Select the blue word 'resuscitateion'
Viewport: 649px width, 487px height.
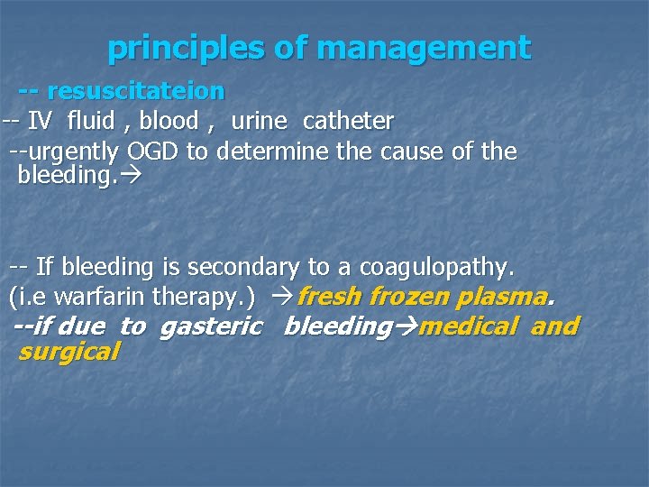[x=135, y=91]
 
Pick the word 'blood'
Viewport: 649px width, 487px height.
[x=169, y=121]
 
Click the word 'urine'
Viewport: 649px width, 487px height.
[x=259, y=121]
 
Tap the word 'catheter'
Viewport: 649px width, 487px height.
[x=348, y=121]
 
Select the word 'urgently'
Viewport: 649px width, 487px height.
[x=71, y=152]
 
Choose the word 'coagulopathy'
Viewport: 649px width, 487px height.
[x=436, y=268]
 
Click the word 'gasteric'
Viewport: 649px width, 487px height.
[x=211, y=326]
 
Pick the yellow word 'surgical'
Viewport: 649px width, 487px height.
[x=69, y=352]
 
